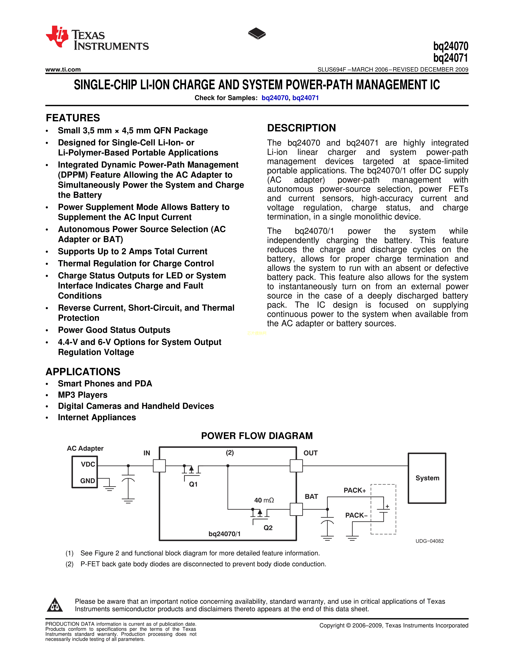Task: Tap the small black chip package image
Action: tap(257, 33)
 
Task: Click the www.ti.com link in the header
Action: tap(63, 70)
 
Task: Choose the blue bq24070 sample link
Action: tap(275, 98)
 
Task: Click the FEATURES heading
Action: tap(73, 118)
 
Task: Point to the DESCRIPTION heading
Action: tap(302, 128)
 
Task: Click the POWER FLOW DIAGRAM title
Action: tap(257, 436)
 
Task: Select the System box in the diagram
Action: tap(427, 478)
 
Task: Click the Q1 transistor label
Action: tap(193, 484)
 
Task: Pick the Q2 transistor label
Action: tap(268, 528)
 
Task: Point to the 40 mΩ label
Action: tap(264, 500)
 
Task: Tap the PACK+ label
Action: tap(355, 490)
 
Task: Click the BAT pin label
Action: tap(311, 497)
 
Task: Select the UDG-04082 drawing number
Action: tap(430, 541)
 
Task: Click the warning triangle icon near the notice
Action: tap(55, 605)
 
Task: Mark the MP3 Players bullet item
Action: tap(82, 395)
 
